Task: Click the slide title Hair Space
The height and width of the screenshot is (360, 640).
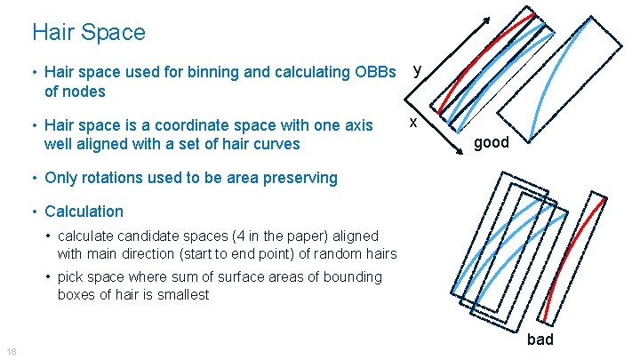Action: pos(88,33)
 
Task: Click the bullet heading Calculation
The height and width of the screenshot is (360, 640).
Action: pos(84,212)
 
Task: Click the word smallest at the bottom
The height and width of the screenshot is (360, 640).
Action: pos(181,294)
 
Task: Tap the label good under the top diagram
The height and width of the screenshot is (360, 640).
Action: pos(491,141)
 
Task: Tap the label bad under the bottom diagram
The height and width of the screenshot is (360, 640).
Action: pos(540,339)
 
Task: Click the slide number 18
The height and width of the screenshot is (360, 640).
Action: pos(10,350)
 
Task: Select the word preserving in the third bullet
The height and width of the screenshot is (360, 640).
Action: pos(302,177)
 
